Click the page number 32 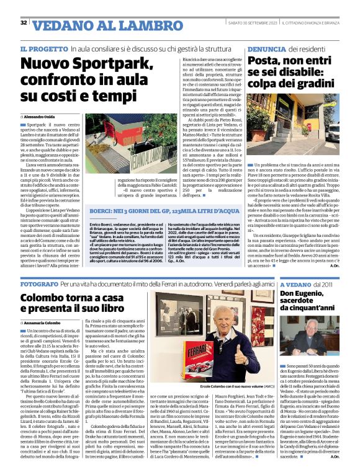(23, 23)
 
